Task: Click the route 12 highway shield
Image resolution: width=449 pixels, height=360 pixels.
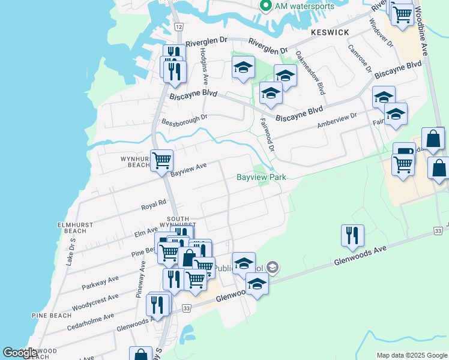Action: [179, 27]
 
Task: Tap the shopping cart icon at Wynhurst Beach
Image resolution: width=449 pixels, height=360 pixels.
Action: [161, 160]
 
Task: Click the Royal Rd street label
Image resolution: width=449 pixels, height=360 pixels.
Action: [153, 205]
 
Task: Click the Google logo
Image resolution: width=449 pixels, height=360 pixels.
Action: [20, 353]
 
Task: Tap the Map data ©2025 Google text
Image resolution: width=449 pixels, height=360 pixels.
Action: [411, 355]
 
